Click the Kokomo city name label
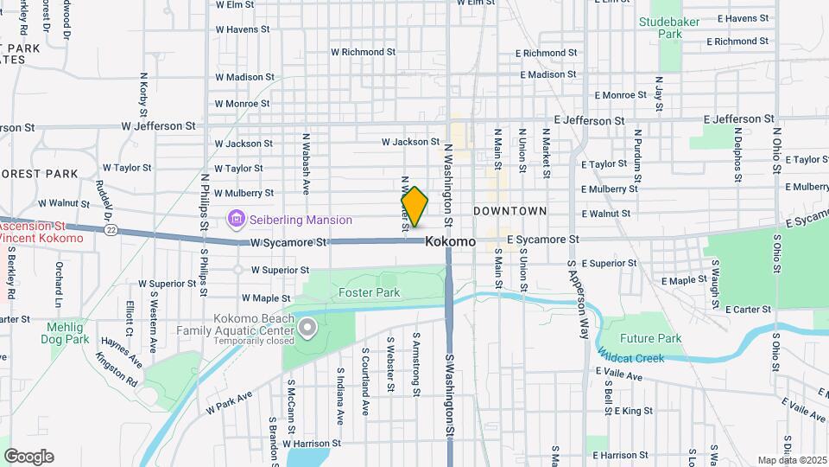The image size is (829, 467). click(450, 242)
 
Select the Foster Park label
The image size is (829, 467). click(369, 293)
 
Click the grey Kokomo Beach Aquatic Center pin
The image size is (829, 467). click(307, 328)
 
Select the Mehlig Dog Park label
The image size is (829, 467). click(66, 333)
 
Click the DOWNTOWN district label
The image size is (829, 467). click(510, 211)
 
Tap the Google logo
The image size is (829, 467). click(28, 457)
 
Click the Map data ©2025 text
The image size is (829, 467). click(791, 460)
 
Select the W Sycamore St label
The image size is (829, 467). click(289, 243)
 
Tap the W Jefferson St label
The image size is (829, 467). click(159, 125)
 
